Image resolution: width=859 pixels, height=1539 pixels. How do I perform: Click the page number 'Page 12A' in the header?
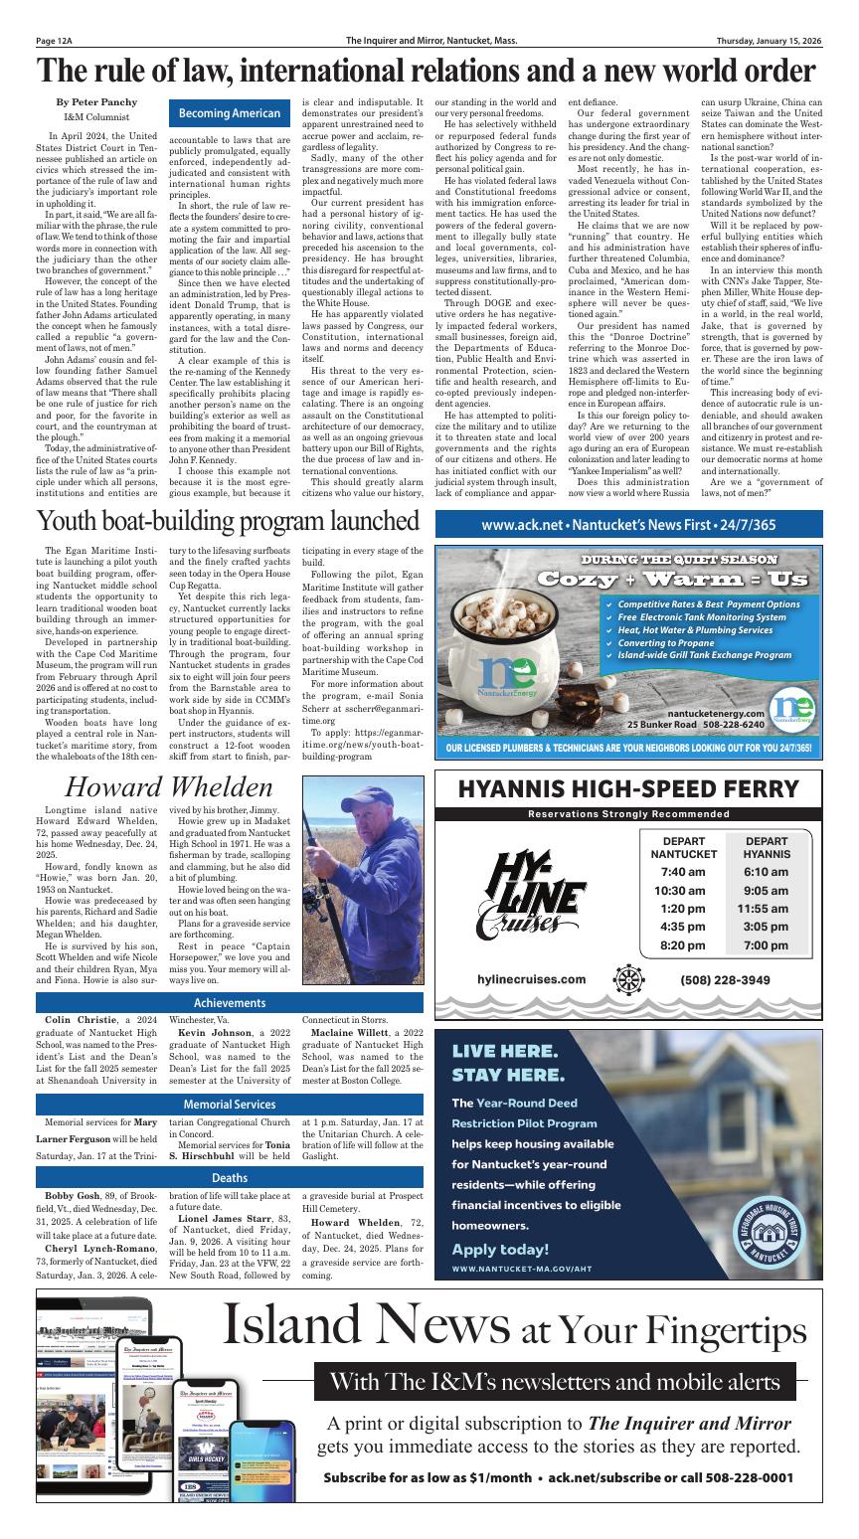coord(58,41)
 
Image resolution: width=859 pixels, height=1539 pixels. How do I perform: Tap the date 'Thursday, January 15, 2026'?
coord(770,41)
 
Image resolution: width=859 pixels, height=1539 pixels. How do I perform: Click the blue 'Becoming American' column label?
coord(229,114)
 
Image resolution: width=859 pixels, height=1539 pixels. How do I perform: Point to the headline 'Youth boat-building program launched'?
coord(229,521)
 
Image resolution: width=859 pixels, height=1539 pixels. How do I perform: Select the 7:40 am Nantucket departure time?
coord(682,872)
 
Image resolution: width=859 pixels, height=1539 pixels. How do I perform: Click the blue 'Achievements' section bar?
coord(229,1003)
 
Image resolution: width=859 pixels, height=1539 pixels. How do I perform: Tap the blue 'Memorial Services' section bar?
coord(229,1105)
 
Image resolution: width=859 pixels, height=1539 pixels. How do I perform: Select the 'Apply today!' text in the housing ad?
coord(500,1250)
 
